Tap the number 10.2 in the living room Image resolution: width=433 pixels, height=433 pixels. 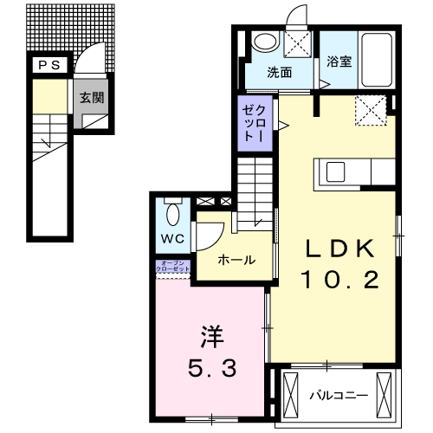[x=339, y=279]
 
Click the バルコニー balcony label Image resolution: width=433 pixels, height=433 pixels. [x=339, y=395]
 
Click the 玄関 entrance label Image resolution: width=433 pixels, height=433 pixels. [x=92, y=98]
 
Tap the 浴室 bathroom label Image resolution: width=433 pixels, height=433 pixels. [x=339, y=62]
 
